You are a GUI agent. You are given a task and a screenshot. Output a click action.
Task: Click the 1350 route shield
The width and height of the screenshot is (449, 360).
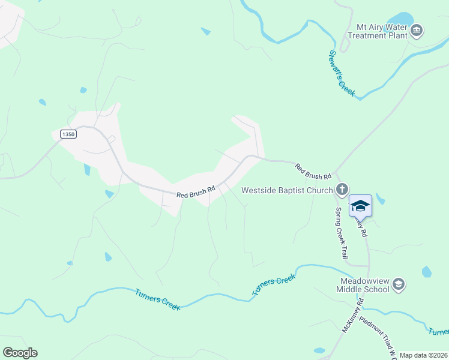[x=68, y=134]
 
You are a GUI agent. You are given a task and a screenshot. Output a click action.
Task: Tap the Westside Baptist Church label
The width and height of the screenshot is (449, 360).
[x=287, y=191]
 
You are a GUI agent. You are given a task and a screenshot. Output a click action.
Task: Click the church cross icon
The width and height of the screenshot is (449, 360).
[x=342, y=190]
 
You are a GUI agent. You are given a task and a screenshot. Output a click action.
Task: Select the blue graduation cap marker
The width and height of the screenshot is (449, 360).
[x=360, y=206]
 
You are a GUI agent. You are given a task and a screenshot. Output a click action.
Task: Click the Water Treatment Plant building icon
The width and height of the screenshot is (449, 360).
[x=417, y=29]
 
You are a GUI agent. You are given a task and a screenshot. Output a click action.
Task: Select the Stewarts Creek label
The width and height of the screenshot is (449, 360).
[x=342, y=73]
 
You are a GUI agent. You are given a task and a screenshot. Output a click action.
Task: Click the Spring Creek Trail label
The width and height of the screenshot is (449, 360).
[x=341, y=233]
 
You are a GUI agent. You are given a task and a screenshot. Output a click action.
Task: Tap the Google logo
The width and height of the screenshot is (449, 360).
[x=20, y=353]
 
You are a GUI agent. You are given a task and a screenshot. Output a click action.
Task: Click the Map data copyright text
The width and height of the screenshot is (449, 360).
[x=423, y=355]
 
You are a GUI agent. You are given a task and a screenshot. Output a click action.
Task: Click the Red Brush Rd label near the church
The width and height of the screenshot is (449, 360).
[x=313, y=172]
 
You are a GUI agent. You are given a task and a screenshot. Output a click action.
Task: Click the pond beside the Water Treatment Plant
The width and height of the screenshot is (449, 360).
[x=401, y=20]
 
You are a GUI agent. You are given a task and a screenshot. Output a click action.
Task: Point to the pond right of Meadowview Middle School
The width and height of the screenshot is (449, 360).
[x=426, y=272]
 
